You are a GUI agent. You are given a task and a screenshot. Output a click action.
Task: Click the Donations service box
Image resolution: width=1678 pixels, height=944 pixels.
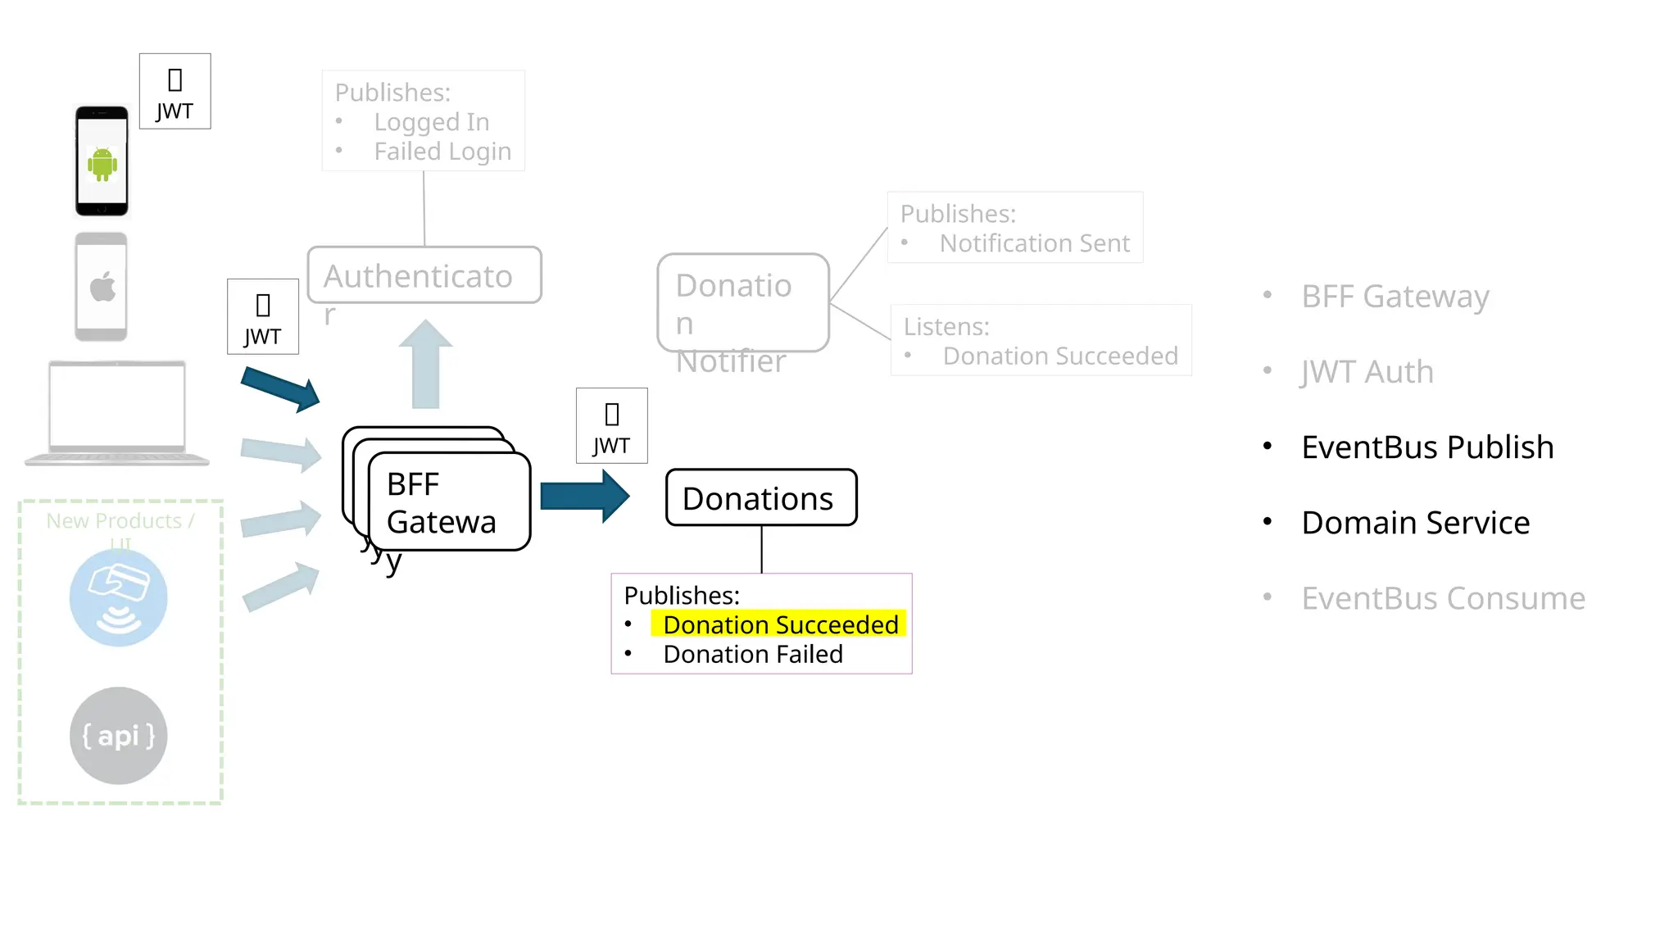(x=760, y=497)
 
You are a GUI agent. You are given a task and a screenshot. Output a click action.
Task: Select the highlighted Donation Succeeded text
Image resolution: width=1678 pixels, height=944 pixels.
(x=779, y=624)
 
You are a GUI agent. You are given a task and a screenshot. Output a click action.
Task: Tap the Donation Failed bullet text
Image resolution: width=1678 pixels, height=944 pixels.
(x=752, y=654)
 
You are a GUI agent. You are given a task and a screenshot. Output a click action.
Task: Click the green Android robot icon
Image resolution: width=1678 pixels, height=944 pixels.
(x=102, y=164)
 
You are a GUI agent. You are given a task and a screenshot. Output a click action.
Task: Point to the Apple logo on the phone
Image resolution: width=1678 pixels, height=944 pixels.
(x=102, y=288)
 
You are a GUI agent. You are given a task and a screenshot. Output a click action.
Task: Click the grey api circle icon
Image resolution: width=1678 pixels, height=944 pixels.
(x=118, y=735)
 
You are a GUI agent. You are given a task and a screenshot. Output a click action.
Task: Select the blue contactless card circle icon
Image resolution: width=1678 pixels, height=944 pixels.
(x=118, y=597)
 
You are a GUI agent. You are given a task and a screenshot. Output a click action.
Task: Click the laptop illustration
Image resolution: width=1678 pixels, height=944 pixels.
(x=117, y=412)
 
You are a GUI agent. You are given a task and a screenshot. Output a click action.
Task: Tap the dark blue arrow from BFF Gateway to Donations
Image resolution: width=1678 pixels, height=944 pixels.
(x=584, y=496)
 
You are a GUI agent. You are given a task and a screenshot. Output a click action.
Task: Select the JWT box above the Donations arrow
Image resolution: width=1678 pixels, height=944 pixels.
(x=611, y=426)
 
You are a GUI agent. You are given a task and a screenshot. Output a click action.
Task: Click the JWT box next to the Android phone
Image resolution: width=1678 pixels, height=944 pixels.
(x=175, y=91)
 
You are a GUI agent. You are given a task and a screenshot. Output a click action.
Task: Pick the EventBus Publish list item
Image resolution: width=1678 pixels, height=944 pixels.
(x=1426, y=447)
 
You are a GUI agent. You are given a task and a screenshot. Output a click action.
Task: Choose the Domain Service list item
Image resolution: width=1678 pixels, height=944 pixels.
(x=1415, y=523)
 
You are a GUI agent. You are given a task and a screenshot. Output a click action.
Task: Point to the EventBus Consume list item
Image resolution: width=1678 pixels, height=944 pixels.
(x=1442, y=598)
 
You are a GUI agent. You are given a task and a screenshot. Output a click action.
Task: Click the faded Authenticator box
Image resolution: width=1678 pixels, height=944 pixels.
(x=424, y=275)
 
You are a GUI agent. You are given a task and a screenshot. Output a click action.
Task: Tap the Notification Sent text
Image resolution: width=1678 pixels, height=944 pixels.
(x=1034, y=243)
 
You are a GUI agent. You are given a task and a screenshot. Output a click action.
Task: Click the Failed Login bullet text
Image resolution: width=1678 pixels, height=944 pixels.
(x=442, y=152)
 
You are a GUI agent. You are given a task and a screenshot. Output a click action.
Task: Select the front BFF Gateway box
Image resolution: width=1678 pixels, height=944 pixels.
(x=449, y=501)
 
